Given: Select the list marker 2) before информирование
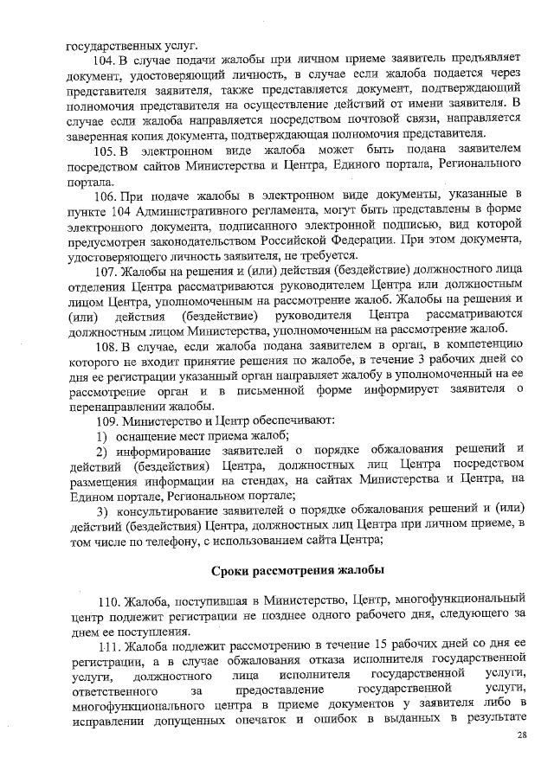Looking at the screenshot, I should click(101, 450).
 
